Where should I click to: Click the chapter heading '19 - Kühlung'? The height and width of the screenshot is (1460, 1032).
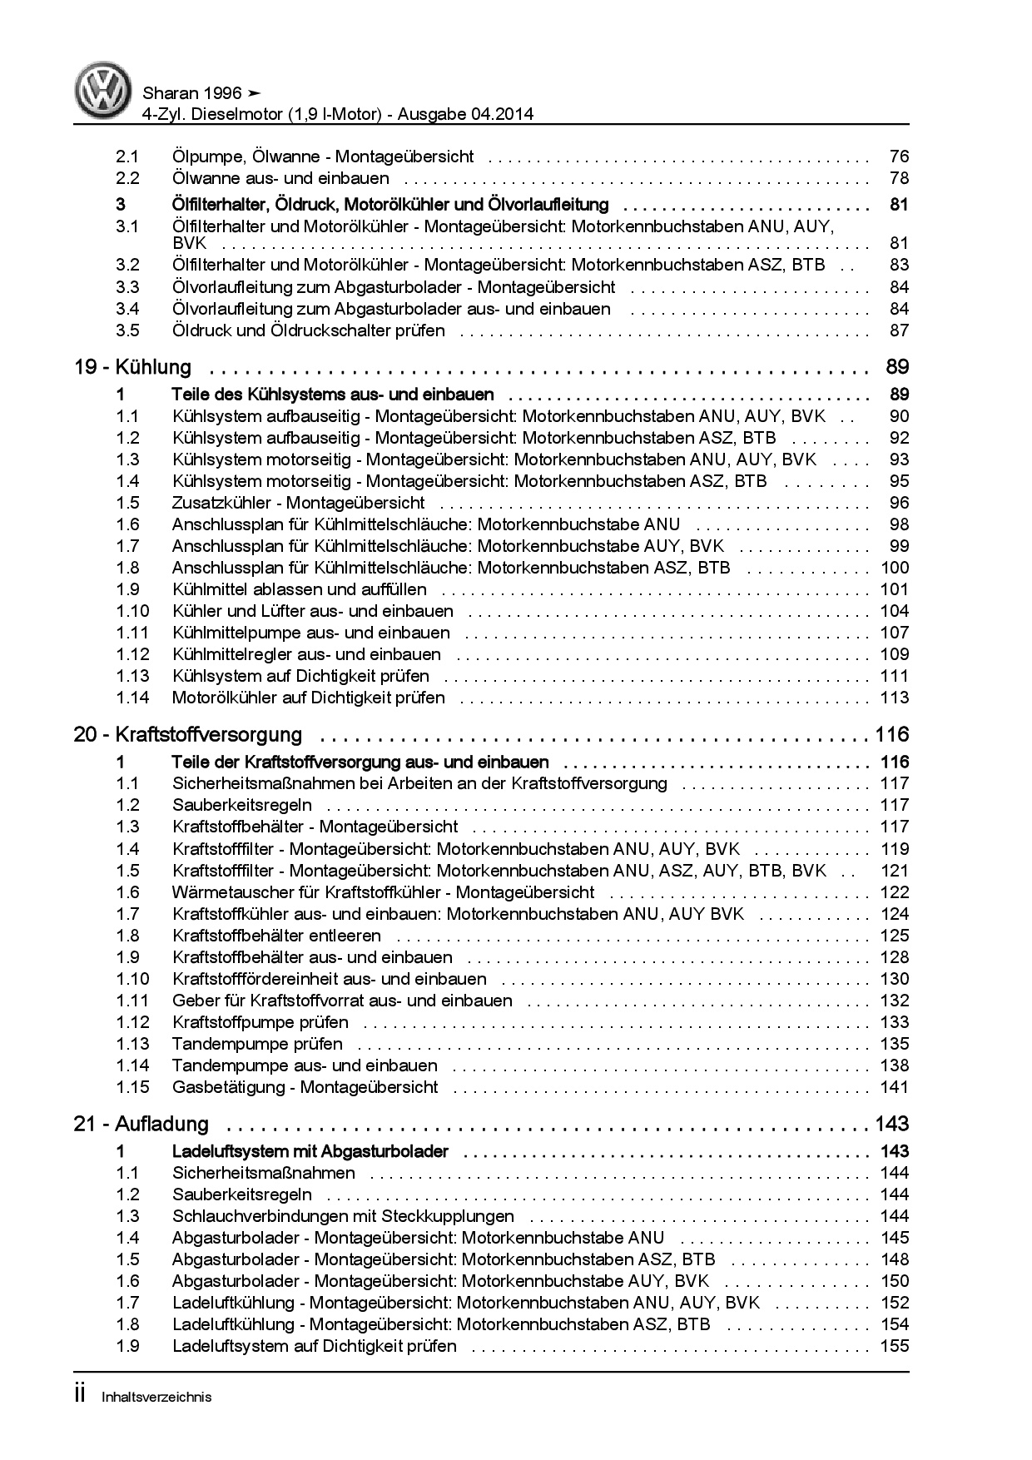coord(133,367)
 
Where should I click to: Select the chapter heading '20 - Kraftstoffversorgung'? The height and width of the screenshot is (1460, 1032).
coord(188,735)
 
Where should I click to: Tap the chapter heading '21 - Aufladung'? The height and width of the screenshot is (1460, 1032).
coord(141,1125)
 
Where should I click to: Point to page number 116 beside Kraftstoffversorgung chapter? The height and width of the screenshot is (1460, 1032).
coord(892,735)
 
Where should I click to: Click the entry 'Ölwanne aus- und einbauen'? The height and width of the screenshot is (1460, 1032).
coord(280,178)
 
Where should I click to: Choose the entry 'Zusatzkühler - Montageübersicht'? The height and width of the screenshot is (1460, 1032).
coord(298,503)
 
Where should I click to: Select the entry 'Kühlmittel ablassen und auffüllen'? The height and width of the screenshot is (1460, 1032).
coord(300,589)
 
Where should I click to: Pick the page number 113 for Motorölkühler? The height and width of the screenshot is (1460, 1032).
coord(895,698)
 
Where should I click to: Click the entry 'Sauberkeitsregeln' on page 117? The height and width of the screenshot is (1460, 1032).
coord(242,805)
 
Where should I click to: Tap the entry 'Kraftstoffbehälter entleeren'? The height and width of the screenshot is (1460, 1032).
coord(276,936)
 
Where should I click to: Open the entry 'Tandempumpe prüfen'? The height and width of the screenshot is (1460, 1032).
coord(257,1044)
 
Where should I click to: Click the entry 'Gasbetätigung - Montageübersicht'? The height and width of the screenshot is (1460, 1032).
coord(305,1087)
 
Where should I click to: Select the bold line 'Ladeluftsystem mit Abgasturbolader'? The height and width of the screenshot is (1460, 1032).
coord(310,1152)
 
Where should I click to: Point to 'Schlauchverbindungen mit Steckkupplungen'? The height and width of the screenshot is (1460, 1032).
coord(343,1216)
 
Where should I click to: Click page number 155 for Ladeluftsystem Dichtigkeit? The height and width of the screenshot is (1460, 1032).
coord(895,1346)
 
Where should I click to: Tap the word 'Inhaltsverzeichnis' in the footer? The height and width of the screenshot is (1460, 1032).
coord(156,1397)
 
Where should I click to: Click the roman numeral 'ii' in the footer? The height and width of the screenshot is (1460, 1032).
coord(80,1395)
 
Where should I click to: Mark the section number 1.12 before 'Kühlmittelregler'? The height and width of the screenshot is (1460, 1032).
coord(133,654)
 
